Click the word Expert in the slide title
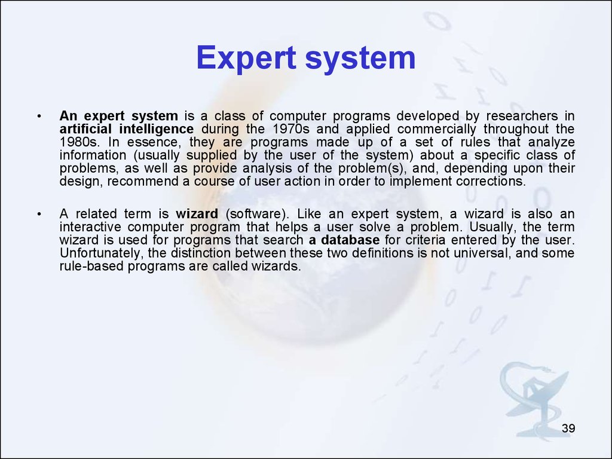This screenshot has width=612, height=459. click(246, 58)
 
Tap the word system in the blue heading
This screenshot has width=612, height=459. click(360, 59)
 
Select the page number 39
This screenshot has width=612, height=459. click(568, 428)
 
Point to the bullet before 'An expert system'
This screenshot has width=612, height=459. click(39, 117)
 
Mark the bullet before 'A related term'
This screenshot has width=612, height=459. click(39, 214)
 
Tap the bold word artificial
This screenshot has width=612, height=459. click(85, 129)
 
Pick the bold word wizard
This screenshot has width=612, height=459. click(197, 214)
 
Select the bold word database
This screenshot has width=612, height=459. click(350, 240)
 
